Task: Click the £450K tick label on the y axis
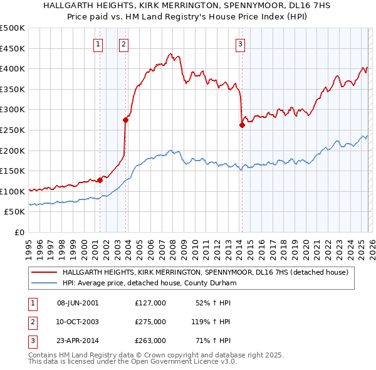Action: coord(13,48)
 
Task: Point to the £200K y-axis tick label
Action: coord(13,151)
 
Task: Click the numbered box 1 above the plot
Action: coord(99,44)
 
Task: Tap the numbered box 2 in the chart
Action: coord(124,44)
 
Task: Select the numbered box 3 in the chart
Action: coord(241,44)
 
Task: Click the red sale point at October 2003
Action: coord(126,120)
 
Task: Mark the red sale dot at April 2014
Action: coord(242,125)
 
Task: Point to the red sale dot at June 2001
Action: coord(100,180)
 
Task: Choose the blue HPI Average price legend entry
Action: coord(149,283)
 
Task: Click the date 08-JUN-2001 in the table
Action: coord(78,303)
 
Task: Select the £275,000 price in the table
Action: coord(150,322)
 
